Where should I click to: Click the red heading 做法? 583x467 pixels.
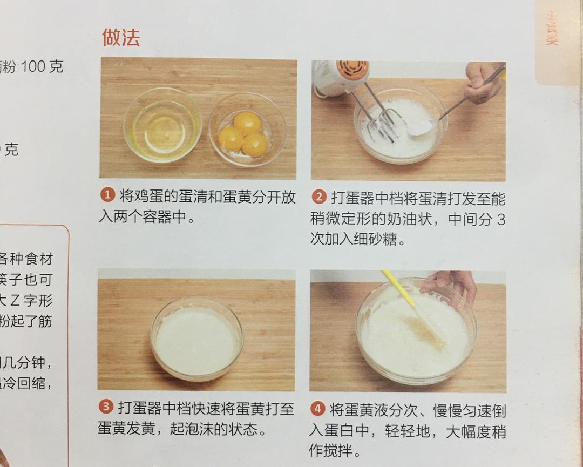pos(121,37)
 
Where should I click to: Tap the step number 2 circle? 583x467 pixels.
pos(320,197)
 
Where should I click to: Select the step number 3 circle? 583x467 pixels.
pos(106,407)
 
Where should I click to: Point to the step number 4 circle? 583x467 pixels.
pos(318,409)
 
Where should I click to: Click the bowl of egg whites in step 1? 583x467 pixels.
pos(162,125)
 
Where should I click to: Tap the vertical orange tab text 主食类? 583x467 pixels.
pos(551,27)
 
